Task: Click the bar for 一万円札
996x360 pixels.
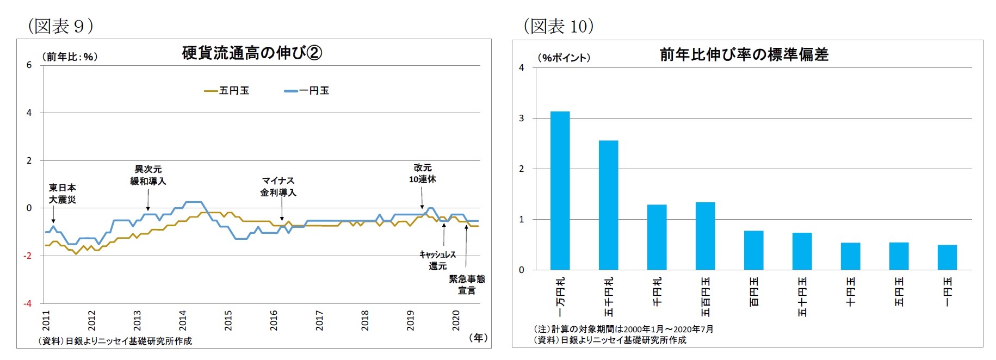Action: click(560, 190)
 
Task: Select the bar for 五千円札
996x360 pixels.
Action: click(608, 205)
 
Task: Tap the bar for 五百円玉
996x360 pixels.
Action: click(705, 235)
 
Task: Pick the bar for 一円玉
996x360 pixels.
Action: click(947, 257)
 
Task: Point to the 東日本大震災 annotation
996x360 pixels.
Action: click(62, 194)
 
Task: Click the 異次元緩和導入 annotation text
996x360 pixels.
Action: click(148, 175)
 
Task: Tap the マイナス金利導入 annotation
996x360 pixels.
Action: click(278, 187)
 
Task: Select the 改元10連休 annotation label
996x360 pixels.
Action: click(423, 173)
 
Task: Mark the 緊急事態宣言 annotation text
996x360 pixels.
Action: click(467, 284)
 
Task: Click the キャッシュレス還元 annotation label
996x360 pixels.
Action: click(437, 260)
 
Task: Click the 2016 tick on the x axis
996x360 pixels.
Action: click(274, 320)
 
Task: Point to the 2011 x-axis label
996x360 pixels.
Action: click(46, 320)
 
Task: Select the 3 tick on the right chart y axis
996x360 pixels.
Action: click(522, 118)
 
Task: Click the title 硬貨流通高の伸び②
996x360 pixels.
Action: click(252, 53)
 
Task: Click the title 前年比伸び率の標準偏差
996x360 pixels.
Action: click(744, 54)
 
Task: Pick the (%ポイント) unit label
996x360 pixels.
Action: click(564, 58)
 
